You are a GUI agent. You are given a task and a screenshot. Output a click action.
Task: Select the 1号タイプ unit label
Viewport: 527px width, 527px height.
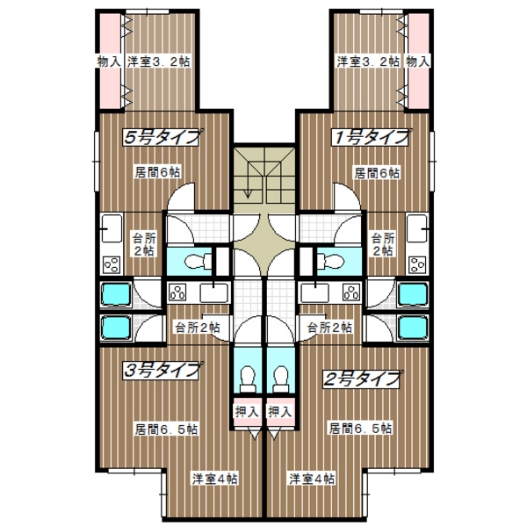(x=371, y=137)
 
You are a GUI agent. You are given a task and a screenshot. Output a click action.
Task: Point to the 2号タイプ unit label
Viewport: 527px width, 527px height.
(x=362, y=379)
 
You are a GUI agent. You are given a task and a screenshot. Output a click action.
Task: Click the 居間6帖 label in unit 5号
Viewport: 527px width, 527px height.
(x=157, y=172)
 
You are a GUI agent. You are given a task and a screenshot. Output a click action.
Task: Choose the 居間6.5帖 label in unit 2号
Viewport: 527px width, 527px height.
(x=360, y=429)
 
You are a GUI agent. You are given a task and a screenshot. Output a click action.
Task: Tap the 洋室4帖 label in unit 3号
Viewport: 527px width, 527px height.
(x=215, y=479)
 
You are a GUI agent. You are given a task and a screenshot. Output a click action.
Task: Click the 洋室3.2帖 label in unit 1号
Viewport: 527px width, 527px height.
(x=368, y=61)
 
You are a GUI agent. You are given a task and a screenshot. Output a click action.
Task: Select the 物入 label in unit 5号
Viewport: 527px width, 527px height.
(x=109, y=61)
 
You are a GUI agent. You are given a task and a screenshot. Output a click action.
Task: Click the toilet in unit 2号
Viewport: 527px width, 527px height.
(x=281, y=379)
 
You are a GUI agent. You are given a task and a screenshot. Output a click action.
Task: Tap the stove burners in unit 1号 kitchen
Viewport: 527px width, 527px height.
(x=417, y=264)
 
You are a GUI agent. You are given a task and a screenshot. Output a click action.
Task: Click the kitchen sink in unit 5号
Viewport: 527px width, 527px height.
(x=112, y=228)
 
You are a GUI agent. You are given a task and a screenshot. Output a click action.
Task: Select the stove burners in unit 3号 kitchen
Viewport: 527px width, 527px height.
(x=177, y=292)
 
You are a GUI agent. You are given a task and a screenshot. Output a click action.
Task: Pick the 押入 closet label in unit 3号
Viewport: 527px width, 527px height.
(x=247, y=411)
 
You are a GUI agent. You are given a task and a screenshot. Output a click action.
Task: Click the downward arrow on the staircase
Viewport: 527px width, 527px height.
(x=249, y=180)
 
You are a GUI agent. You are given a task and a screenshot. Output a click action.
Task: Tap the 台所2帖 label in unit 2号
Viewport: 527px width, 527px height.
(x=329, y=327)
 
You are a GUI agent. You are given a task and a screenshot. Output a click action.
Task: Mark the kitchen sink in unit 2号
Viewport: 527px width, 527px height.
(x=315, y=292)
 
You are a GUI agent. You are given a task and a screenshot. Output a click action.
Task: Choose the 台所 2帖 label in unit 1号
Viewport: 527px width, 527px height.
(x=383, y=244)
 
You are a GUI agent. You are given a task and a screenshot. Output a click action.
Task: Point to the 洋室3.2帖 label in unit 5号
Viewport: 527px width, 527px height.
(x=159, y=61)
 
